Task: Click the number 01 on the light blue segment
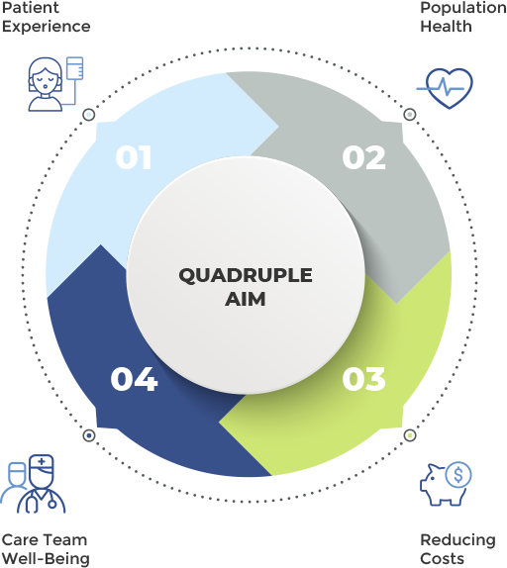coord(133,157)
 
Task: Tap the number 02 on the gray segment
coord(363,157)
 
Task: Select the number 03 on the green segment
coord(363,379)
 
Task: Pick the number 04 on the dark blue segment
coord(134,379)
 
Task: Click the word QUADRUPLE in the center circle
coord(246,276)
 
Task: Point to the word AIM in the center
coord(246,299)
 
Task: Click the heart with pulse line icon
coord(445,88)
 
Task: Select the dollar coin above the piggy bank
coord(458,475)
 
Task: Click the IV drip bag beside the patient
coord(75,67)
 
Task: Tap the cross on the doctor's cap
coord(42,461)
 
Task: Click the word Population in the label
coord(463,8)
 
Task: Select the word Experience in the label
coord(46,27)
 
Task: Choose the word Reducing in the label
coord(457,540)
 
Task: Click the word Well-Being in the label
coord(46,559)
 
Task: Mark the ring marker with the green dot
coord(410,435)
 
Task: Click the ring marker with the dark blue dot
coord(89,435)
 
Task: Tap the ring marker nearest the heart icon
coord(410,115)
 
